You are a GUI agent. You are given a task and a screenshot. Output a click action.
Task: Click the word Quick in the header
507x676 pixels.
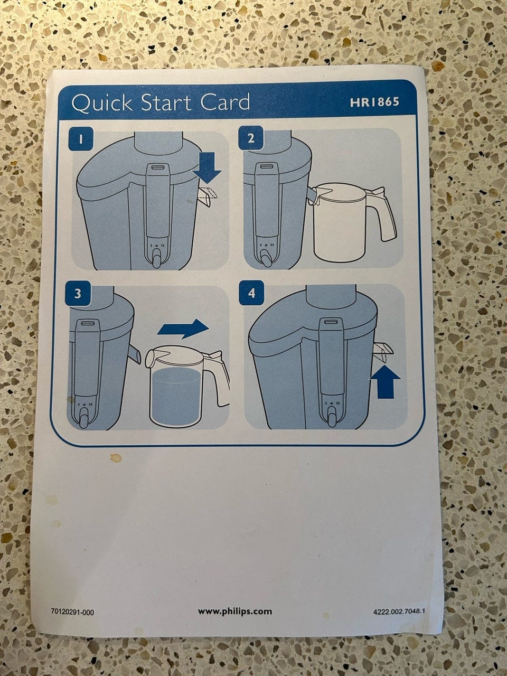click(101, 103)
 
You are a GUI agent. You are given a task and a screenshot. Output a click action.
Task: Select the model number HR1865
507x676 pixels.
click(374, 102)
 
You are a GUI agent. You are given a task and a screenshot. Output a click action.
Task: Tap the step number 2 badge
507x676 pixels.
click(251, 138)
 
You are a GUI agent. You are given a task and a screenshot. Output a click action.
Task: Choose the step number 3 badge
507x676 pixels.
click(78, 293)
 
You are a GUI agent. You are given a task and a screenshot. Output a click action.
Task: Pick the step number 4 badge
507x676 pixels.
click(251, 293)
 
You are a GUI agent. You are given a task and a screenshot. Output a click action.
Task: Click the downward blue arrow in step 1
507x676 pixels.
click(207, 168)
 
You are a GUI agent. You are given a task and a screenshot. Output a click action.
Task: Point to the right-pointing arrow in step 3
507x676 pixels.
click(183, 328)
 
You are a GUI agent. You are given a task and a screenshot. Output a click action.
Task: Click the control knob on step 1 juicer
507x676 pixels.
click(157, 257)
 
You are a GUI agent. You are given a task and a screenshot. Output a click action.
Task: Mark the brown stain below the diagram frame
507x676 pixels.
click(116, 458)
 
